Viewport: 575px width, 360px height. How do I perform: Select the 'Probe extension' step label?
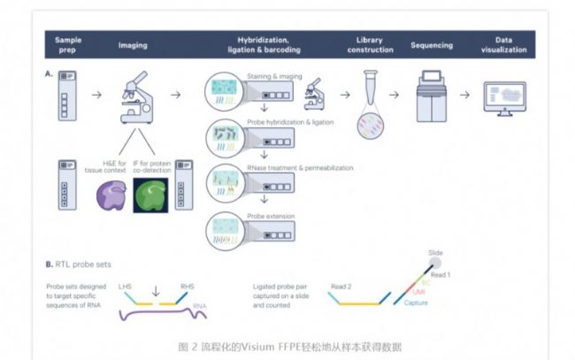[267, 215]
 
